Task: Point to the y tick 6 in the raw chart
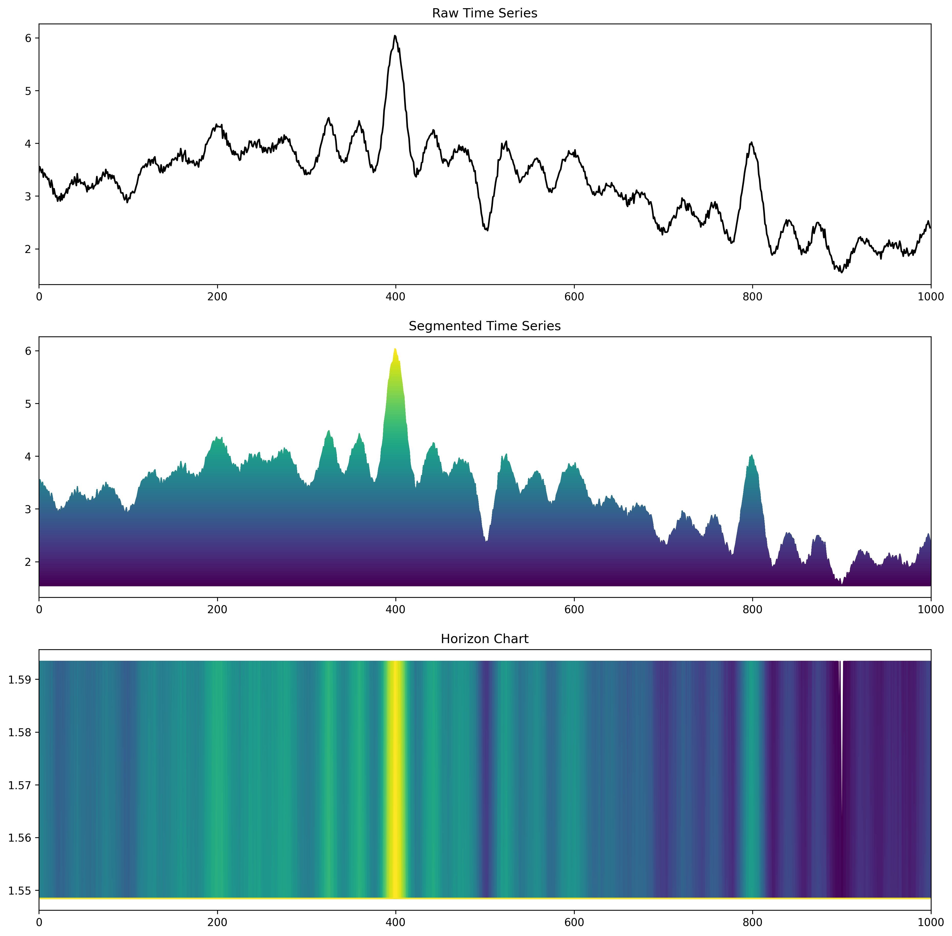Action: tap(28, 38)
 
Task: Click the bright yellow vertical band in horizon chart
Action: tap(395, 777)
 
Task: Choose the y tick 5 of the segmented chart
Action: tap(28, 404)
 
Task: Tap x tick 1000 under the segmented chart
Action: tap(930, 610)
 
